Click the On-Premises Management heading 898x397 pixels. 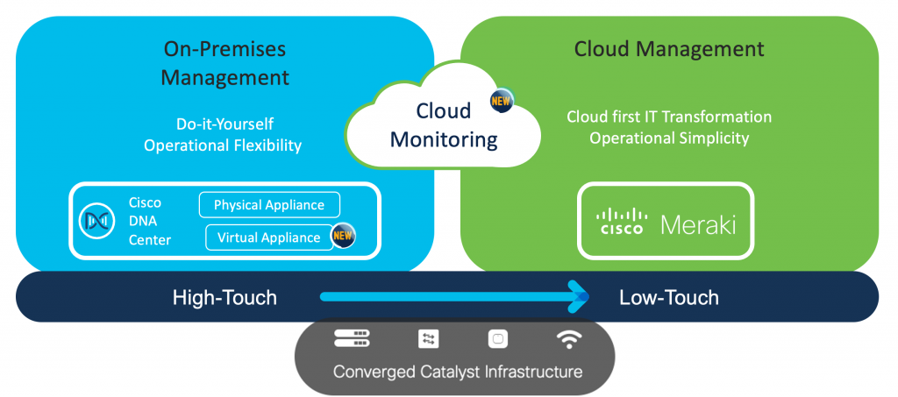click(224, 63)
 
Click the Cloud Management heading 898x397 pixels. click(669, 48)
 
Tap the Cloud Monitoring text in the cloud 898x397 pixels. click(444, 125)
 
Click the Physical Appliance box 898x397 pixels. click(269, 205)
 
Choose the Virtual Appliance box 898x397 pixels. click(269, 237)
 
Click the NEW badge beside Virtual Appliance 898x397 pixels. click(343, 236)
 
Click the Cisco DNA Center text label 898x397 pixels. click(149, 221)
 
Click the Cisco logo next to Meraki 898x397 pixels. click(622, 222)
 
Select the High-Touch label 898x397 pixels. click(224, 298)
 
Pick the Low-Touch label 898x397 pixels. click(668, 298)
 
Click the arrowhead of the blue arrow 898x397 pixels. click(578, 297)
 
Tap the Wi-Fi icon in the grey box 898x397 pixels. click(568, 338)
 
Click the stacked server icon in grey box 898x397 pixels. click(353, 338)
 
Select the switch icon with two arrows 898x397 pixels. click(428, 339)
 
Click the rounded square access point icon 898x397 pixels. click(498, 339)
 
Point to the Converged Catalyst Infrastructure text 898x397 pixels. click(457, 372)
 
